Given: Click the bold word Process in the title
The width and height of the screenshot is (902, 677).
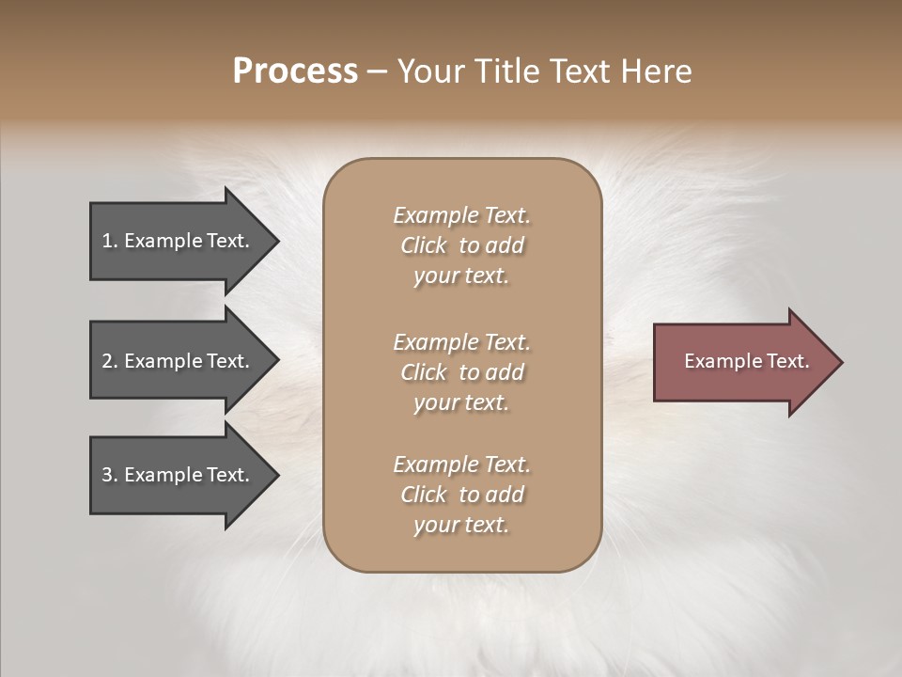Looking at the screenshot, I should click(295, 71).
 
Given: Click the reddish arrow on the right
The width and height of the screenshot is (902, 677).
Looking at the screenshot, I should click(742, 362).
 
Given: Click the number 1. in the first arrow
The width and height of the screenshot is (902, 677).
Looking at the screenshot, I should click(110, 241).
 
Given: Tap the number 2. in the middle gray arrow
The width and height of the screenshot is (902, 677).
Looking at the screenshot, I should click(110, 361).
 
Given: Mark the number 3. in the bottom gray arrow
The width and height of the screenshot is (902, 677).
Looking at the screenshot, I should click(110, 475).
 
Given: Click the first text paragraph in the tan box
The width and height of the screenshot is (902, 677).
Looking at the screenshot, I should click(461, 245).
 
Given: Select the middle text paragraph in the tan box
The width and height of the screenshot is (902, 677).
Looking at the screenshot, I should click(461, 372).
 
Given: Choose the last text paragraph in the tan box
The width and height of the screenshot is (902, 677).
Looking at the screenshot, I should click(461, 495).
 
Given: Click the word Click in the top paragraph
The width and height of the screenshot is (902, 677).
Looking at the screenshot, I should click(424, 245).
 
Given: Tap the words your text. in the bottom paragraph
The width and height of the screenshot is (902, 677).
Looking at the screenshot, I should click(461, 525).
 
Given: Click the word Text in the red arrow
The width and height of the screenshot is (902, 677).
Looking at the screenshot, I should click(787, 361).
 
